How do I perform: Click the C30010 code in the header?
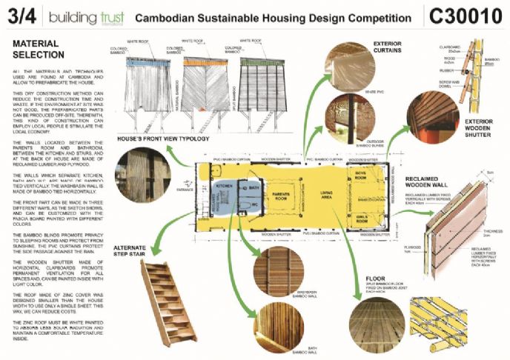tap(463, 16)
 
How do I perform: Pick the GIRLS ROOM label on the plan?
tap(361, 219)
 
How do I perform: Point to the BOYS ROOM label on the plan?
tap(361, 178)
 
